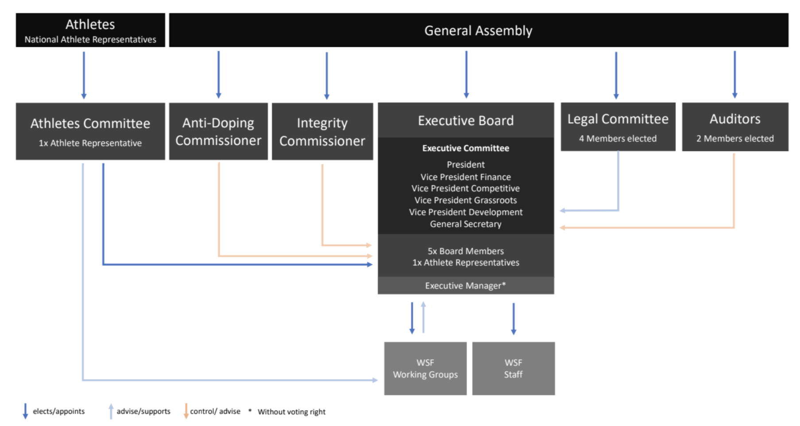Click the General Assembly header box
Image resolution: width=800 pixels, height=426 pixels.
[x=478, y=30]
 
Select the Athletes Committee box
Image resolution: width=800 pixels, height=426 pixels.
[x=90, y=132]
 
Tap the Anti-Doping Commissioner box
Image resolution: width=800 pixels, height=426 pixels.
[x=218, y=132]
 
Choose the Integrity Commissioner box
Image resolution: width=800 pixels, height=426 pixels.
[x=322, y=132]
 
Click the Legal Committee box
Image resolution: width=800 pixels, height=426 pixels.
[x=618, y=127]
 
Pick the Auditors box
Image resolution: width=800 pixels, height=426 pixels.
[x=735, y=127]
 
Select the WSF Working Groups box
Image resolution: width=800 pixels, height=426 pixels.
[x=425, y=368]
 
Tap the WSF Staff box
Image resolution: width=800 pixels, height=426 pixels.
[x=513, y=368]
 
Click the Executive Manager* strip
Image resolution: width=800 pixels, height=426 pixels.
[x=466, y=286]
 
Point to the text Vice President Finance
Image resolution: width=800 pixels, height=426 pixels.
[x=466, y=177]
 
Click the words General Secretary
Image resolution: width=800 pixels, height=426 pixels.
[x=466, y=224]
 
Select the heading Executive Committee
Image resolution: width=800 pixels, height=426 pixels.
[x=466, y=148]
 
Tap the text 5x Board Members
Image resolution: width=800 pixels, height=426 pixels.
[x=466, y=251]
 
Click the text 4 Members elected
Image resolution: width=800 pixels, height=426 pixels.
[x=618, y=139]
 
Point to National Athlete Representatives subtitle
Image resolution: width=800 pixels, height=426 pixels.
[x=90, y=39]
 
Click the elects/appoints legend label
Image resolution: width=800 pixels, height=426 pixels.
[x=58, y=411]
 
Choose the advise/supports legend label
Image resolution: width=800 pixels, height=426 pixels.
[x=144, y=411]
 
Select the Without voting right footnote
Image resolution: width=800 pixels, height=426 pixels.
[x=291, y=412]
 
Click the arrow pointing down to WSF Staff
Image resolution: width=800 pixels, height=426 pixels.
[x=513, y=319]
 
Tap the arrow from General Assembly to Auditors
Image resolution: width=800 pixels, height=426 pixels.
[x=734, y=74]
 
